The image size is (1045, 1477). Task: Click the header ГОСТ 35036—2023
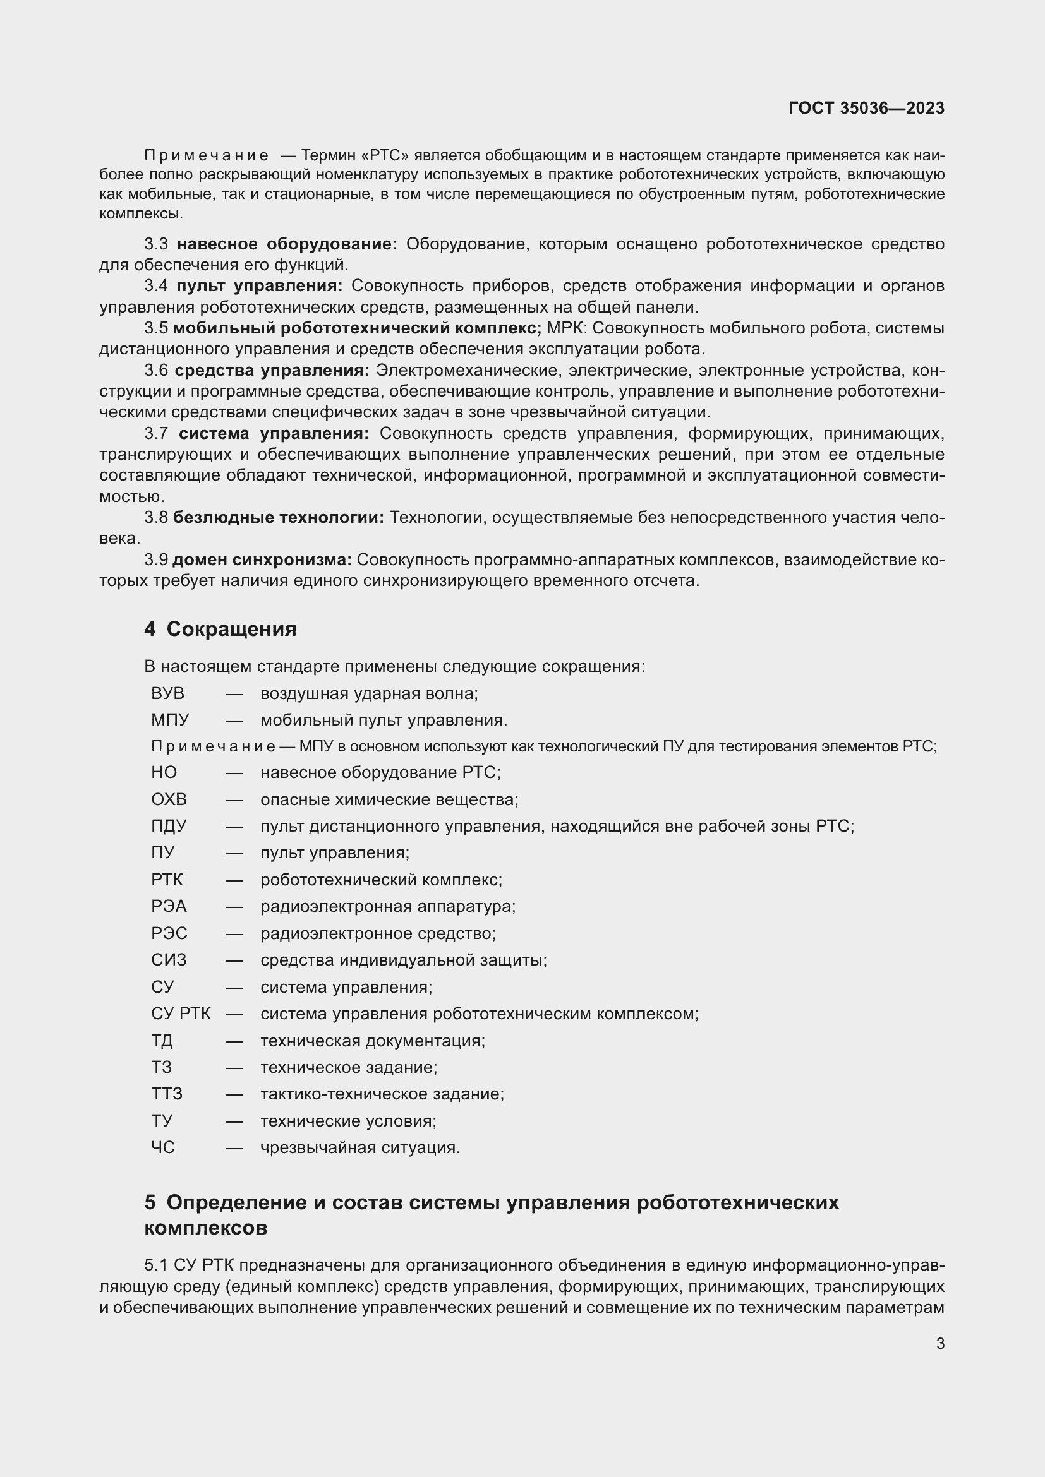coord(866,108)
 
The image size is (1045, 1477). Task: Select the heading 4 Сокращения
coord(220,628)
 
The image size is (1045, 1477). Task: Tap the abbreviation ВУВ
coord(167,693)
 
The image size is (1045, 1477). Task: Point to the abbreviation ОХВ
coord(169,799)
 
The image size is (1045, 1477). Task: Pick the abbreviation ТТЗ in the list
coord(167,1094)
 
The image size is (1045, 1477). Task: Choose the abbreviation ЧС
coord(163,1147)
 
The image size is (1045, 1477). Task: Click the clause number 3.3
coord(156,244)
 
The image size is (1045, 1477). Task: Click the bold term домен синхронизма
coord(262,560)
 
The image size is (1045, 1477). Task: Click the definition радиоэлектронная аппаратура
coord(388,906)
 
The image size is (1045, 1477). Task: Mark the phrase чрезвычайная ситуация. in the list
coord(360,1147)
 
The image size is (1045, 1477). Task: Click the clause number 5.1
coord(155,1265)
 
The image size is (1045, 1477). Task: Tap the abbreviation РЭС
coord(169,933)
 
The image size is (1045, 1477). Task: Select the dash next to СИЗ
coord(234,960)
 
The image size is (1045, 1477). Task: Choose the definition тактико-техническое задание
coord(382,1094)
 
